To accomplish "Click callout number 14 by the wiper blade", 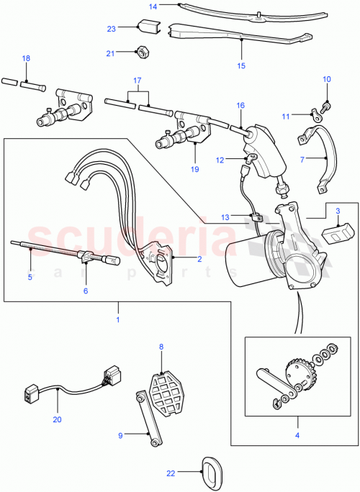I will pyautogui.click(x=153, y=6).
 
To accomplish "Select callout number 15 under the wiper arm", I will pyautogui.click(x=241, y=65).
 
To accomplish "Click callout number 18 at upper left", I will pyautogui.click(x=26, y=58).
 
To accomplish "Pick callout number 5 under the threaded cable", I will pyautogui.click(x=30, y=275).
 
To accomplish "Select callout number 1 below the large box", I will pyautogui.click(x=117, y=314).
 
